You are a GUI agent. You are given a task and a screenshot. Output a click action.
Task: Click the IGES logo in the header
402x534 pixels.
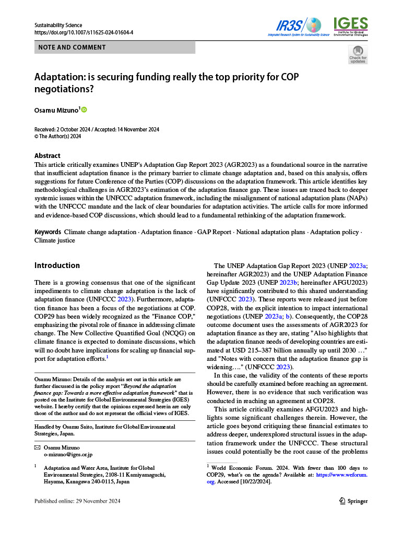point(350,26)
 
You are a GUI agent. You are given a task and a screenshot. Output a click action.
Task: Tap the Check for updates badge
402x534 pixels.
point(358,55)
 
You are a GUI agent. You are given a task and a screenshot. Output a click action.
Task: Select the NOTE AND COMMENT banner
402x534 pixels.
point(114,47)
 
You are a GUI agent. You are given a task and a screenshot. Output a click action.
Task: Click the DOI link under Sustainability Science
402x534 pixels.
point(84,32)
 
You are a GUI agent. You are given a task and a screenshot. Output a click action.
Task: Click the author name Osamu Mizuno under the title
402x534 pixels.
point(56,110)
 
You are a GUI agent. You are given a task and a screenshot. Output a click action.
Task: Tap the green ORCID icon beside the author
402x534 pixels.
point(84,110)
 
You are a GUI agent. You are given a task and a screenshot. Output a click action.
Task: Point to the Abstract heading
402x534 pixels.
point(47,155)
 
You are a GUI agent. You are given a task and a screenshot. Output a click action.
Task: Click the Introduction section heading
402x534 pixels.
point(57,265)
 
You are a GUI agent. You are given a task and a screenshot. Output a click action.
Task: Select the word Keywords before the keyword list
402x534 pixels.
point(48,232)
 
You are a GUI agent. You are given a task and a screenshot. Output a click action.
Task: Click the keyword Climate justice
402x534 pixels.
point(55,240)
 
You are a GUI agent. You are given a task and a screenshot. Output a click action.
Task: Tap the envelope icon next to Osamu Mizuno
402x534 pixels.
point(37,447)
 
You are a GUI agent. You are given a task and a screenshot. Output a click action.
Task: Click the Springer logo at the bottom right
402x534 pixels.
point(353,501)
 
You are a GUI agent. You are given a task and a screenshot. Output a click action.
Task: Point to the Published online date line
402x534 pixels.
point(77,501)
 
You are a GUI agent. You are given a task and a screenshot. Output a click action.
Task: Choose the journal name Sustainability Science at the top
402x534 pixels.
point(58,25)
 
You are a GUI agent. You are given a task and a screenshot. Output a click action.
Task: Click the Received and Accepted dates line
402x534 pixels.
point(97,129)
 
